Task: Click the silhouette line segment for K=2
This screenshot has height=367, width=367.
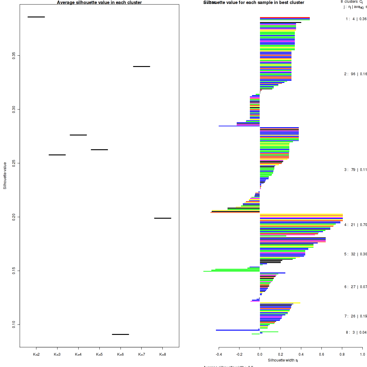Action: point(36,17)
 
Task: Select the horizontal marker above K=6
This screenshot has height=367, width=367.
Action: point(120,334)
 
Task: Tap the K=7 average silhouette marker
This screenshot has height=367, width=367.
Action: point(142,66)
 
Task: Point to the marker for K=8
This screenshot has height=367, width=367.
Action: point(162,218)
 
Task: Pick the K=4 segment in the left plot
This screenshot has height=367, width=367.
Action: point(78,135)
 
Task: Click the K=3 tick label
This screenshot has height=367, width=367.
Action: point(57,354)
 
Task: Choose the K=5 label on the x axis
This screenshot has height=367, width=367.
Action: point(99,354)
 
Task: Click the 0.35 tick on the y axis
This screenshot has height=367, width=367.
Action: point(14,55)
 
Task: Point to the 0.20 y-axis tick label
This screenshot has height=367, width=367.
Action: point(14,217)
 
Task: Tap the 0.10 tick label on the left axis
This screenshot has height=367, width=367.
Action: point(14,324)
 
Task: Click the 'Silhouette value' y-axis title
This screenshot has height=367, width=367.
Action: point(5,176)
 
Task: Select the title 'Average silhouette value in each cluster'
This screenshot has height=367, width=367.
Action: point(99,2)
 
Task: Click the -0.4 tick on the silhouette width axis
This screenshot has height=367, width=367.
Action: point(219,354)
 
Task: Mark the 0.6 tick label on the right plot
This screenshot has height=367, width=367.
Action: point(322,354)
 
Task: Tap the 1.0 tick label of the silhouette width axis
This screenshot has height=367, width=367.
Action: point(362,354)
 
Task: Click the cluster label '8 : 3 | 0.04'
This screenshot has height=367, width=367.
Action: point(356,332)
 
